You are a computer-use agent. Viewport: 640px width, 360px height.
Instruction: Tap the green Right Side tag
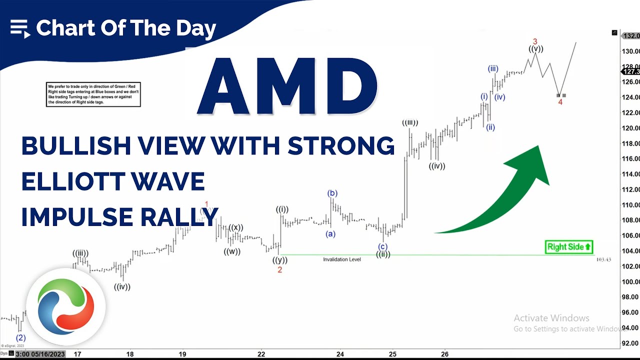coord(569,246)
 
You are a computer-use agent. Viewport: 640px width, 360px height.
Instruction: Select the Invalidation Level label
coord(341,259)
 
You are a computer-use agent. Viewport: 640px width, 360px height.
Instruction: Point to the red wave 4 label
coord(560,102)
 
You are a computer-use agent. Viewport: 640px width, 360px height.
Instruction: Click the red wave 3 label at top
coord(534,41)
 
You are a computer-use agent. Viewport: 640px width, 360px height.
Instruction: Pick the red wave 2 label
coord(279,270)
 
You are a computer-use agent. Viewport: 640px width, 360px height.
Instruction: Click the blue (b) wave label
coord(332,193)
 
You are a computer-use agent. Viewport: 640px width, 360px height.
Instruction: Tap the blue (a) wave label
coord(330,233)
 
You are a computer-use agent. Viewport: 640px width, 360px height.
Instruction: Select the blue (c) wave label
coord(382,246)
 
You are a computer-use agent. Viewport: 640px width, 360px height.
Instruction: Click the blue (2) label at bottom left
coord(21,337)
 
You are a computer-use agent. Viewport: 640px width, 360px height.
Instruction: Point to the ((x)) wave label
coord(236,228)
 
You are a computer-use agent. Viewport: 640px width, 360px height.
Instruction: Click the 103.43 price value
coord(603,259)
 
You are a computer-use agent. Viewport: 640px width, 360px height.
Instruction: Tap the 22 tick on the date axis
coord(261,354)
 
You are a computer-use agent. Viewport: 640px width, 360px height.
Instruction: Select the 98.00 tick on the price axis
coord(630,297)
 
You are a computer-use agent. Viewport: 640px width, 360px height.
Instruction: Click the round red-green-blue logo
coord(65,306)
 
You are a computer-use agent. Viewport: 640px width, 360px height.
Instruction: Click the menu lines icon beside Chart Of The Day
coord(20,28)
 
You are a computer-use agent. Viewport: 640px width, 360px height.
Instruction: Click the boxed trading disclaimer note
coord(93,94)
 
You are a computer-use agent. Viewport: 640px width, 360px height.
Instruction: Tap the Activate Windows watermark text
coord(551,318)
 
